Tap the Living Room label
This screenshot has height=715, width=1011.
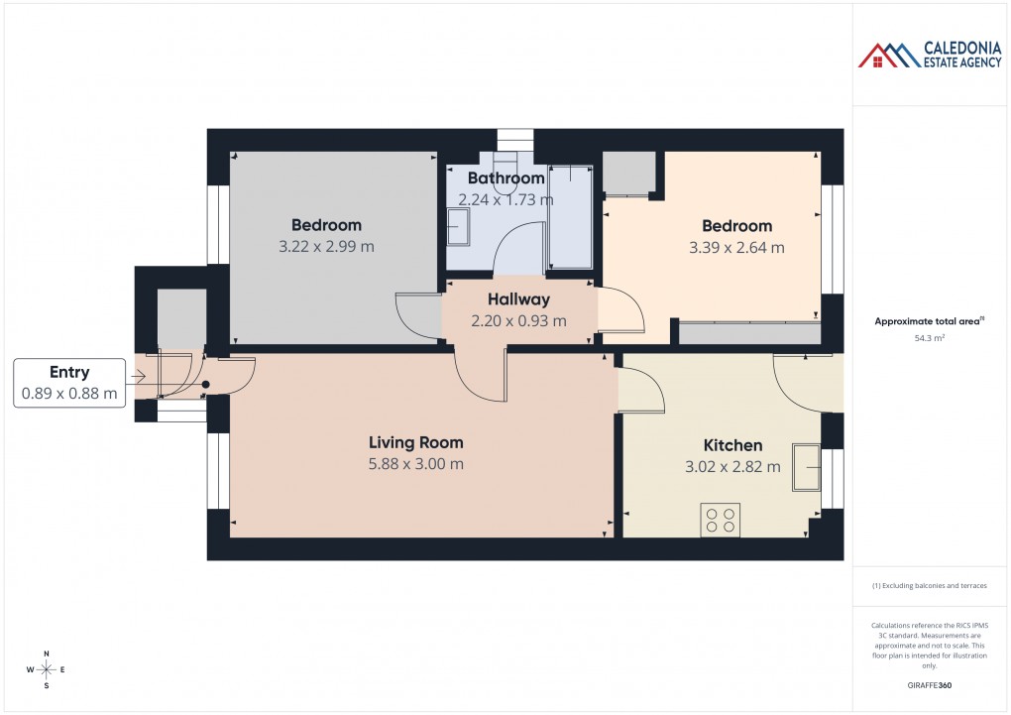[415, 442]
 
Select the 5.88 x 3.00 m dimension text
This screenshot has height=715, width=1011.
[415, 464]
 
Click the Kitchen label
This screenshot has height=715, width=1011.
[732, 445]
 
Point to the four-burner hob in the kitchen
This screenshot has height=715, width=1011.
[720, 521]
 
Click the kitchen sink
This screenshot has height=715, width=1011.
[806, 467]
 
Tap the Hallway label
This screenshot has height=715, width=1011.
[518, 299]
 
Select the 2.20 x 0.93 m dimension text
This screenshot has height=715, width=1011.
[518, 321]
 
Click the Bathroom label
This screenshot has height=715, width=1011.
[505, 179]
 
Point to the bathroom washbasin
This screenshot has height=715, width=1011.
[459, 231]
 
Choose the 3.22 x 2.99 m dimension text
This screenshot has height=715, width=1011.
[326, 247]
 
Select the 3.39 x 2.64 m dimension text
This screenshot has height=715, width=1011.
[736, 248]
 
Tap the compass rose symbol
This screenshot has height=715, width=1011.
[47, 669]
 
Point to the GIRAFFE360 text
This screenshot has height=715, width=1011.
[929, 685]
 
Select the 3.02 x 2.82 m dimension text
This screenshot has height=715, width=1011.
[732, 467]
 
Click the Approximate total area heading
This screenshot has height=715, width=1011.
[928, 321]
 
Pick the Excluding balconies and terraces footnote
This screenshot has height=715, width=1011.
[929, 586]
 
